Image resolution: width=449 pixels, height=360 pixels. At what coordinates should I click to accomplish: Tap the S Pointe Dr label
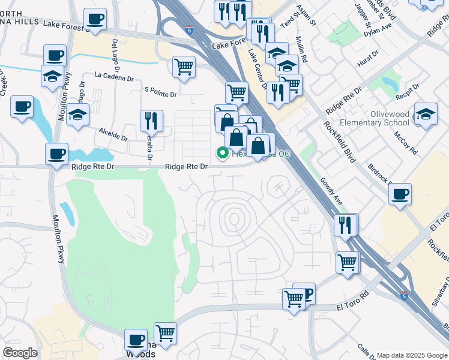point(161,94)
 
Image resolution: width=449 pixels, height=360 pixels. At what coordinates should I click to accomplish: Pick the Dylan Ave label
point(378,29)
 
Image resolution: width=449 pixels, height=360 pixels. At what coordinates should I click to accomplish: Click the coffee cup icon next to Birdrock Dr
point(400,194)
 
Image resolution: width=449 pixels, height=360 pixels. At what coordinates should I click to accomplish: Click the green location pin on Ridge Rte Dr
point(222,154)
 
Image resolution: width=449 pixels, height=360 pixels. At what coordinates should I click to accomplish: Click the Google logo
point(20,352)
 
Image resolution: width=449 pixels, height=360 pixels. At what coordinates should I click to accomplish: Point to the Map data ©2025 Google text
point(411,355)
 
